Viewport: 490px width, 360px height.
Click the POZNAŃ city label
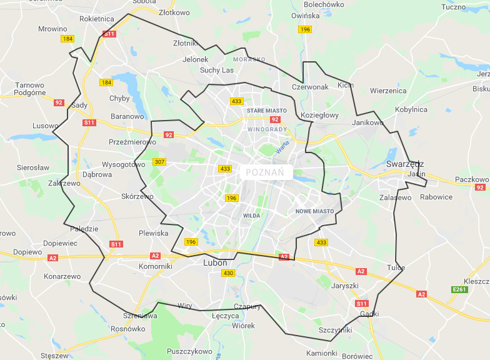[266, 172]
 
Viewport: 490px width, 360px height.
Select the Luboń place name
[216, 263]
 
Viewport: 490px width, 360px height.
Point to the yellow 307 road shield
[159, 162]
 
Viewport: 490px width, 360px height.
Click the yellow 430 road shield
[228, 273]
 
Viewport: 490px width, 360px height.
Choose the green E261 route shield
[459, 290]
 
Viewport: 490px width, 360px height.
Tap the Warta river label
[282, 148]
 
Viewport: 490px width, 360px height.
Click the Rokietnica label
[97, 19]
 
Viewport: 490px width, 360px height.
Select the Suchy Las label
[217, 70]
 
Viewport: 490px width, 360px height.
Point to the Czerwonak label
[310, 87]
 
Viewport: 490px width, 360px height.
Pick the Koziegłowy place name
[319, 115]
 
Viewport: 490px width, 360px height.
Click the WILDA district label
[251, 216]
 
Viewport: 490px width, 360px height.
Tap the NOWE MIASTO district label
[315, 211]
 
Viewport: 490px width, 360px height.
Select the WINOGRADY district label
[267, 129]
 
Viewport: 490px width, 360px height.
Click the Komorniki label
[155, 266]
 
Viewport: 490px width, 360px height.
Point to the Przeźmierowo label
[132, 142]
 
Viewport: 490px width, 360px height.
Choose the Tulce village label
[396, 267]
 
